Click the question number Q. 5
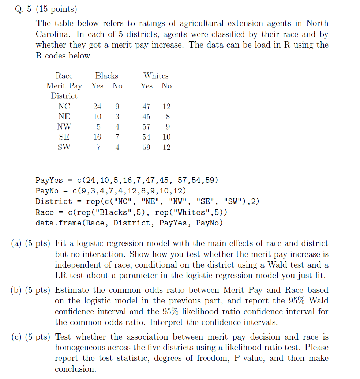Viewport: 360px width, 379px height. coord(23,9)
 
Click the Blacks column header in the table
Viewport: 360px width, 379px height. coord(106,76)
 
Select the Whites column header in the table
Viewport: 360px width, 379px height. coord(156,76)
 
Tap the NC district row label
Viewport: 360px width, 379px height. coord(64,106)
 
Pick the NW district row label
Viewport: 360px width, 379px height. coord(64,127)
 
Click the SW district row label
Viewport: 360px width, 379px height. coord(64,147)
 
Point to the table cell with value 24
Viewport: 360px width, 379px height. coord(97,106)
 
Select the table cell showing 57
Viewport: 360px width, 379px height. coord(146,127)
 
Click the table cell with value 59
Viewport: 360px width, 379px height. coord(146,147)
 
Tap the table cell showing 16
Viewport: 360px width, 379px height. coord(97,137)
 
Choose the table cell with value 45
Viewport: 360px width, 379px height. coord(146,117)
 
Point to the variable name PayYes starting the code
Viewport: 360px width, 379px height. coord(49,180)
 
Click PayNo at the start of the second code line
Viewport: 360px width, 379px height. coord(47,191)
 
